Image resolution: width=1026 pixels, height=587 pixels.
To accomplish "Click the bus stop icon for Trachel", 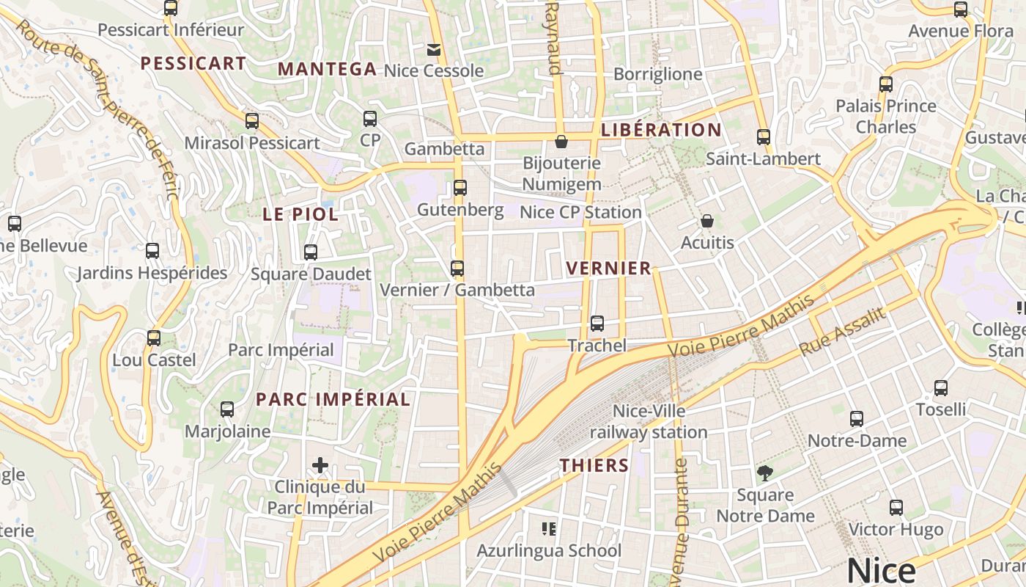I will [x=597, y=323].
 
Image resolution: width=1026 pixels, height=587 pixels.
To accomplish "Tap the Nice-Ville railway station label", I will [x=649, y=422].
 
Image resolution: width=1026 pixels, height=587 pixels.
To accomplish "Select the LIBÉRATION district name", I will [x=661, y=130].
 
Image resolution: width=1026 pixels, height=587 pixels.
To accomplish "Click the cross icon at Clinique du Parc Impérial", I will [x=320, y=465].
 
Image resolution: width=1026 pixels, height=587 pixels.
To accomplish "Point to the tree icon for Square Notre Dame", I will [x=764, y=473].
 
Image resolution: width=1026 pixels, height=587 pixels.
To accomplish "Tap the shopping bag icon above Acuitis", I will [x=707, y=220].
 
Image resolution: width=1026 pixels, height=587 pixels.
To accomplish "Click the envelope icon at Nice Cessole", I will [x=434, y=49].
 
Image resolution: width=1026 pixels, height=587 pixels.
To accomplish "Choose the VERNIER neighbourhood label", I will [x=609, y=269].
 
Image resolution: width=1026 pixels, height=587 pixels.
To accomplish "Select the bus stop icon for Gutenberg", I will [x=460, y=188].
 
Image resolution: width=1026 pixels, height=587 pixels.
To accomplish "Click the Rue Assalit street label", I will [x=842, y=332].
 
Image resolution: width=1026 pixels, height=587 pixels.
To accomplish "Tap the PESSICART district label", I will [x=193, y=64].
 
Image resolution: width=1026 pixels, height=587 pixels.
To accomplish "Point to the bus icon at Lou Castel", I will [x=154, y=338].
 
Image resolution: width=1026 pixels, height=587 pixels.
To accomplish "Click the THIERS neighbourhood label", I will [x=594, y=465].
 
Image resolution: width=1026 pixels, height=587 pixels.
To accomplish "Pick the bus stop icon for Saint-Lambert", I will [x=764, y=137].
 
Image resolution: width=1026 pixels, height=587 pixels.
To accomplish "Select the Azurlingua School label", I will [x=549, y=550].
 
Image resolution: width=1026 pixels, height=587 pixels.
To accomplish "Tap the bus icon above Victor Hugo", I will [x=896, y=507].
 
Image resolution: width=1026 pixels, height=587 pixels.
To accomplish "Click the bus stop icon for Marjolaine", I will [x=227, y=409].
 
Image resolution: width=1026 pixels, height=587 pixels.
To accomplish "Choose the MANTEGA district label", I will [x=327, y=70].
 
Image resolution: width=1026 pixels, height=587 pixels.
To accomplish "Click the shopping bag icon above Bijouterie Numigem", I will [x=561, y=142].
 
